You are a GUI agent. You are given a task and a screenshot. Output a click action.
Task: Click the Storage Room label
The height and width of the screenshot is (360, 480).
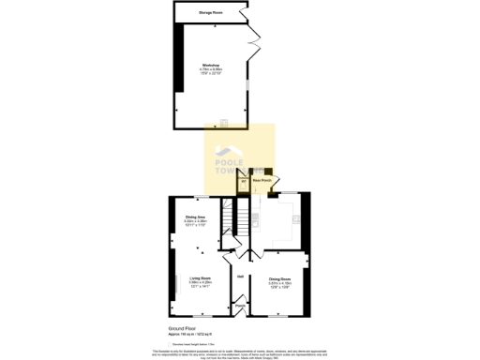[211, 12]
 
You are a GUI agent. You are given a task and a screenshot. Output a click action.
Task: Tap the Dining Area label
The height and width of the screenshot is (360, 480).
[195, 217]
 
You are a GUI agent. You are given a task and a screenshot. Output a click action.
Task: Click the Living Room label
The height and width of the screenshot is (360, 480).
[200, 278]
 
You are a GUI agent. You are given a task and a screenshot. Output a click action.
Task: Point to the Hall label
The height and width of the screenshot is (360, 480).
[241, 276]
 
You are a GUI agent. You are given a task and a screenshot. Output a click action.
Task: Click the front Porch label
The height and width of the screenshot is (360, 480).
[240, 306]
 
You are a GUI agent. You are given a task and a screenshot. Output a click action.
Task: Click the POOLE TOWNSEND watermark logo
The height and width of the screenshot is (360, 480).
[240, 159]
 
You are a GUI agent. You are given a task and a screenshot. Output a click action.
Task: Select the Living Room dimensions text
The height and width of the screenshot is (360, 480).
[200, 283]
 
